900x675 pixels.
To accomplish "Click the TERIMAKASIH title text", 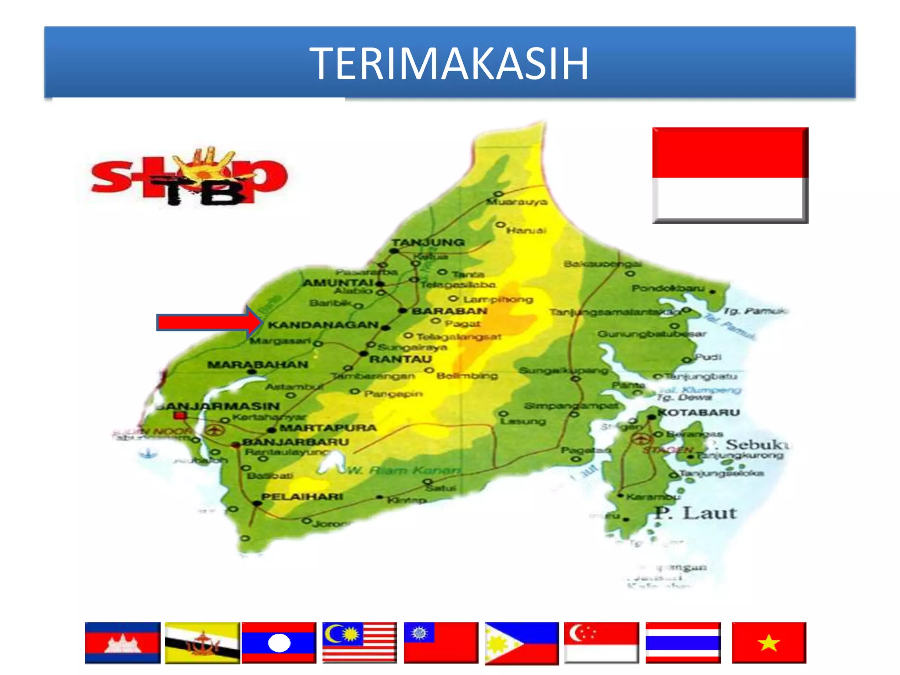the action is click(x=449, y=64).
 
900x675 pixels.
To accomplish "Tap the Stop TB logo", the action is click(x=189, y=177).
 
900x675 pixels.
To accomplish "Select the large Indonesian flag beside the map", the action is click(x=729, y=175).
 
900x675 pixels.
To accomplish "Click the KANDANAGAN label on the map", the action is click(x=323, y=325).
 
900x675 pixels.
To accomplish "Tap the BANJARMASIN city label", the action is click(x=218, y=406).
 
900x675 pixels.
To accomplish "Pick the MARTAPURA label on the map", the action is click(x=328, y=428).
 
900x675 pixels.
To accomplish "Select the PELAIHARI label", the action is click(x=302, y=497).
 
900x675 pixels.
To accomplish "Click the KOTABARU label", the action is click(x=699, y=412).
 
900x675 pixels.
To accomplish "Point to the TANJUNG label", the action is click(x=428, y=242).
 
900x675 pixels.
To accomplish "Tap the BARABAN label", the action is click(x=450, y=311).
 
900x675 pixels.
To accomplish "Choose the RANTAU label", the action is click(x=400, y=359).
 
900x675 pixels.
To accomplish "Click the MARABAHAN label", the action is click(x=258, y=365).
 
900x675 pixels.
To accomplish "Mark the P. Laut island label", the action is click(x=695, y=513).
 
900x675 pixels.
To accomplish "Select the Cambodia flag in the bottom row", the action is click(x=123, y=642).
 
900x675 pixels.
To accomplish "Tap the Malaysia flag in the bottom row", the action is click(x=359, y=642).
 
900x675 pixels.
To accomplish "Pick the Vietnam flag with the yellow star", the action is click(x=769, y=642).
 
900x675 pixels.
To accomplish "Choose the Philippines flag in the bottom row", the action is click(x=522, y=643).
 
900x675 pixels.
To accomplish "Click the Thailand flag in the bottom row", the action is click(x=683, y=642).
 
